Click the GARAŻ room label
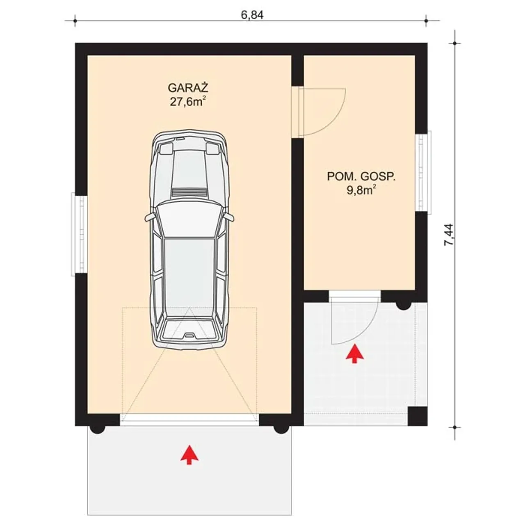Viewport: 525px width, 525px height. point(188,88)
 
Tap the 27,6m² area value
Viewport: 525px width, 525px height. point(188,102)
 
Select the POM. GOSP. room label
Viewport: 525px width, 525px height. point(361,176)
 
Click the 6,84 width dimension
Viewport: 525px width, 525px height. point(252,15)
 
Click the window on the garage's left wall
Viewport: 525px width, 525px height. point(79,234)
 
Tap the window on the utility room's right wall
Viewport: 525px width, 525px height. point(423,172)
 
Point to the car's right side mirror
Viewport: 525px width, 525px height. point(228,217)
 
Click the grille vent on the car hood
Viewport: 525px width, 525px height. point(189,192)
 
